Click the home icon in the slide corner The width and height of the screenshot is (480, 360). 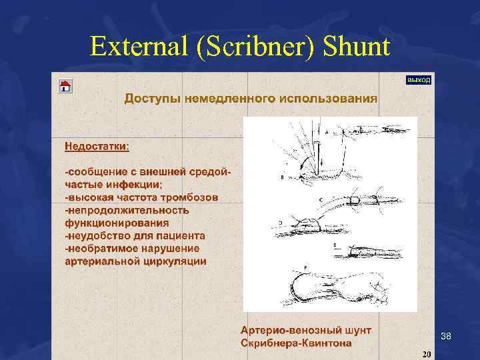click(x=65, y=86)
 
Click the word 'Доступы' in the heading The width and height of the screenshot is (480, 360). click(x=152, y=99)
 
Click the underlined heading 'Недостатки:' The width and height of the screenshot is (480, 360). click(x=97, y=145)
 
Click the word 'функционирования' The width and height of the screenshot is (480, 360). click(x=117, y=223)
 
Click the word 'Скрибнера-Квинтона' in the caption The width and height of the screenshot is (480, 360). click(x=296, y=343)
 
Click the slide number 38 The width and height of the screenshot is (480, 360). click(x=446, y=337)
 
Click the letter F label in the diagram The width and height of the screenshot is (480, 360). click(x=305, y=267)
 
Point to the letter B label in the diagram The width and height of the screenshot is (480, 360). click(x=283, y=178)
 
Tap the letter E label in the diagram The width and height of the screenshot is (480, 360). click(x=334, y=245)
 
